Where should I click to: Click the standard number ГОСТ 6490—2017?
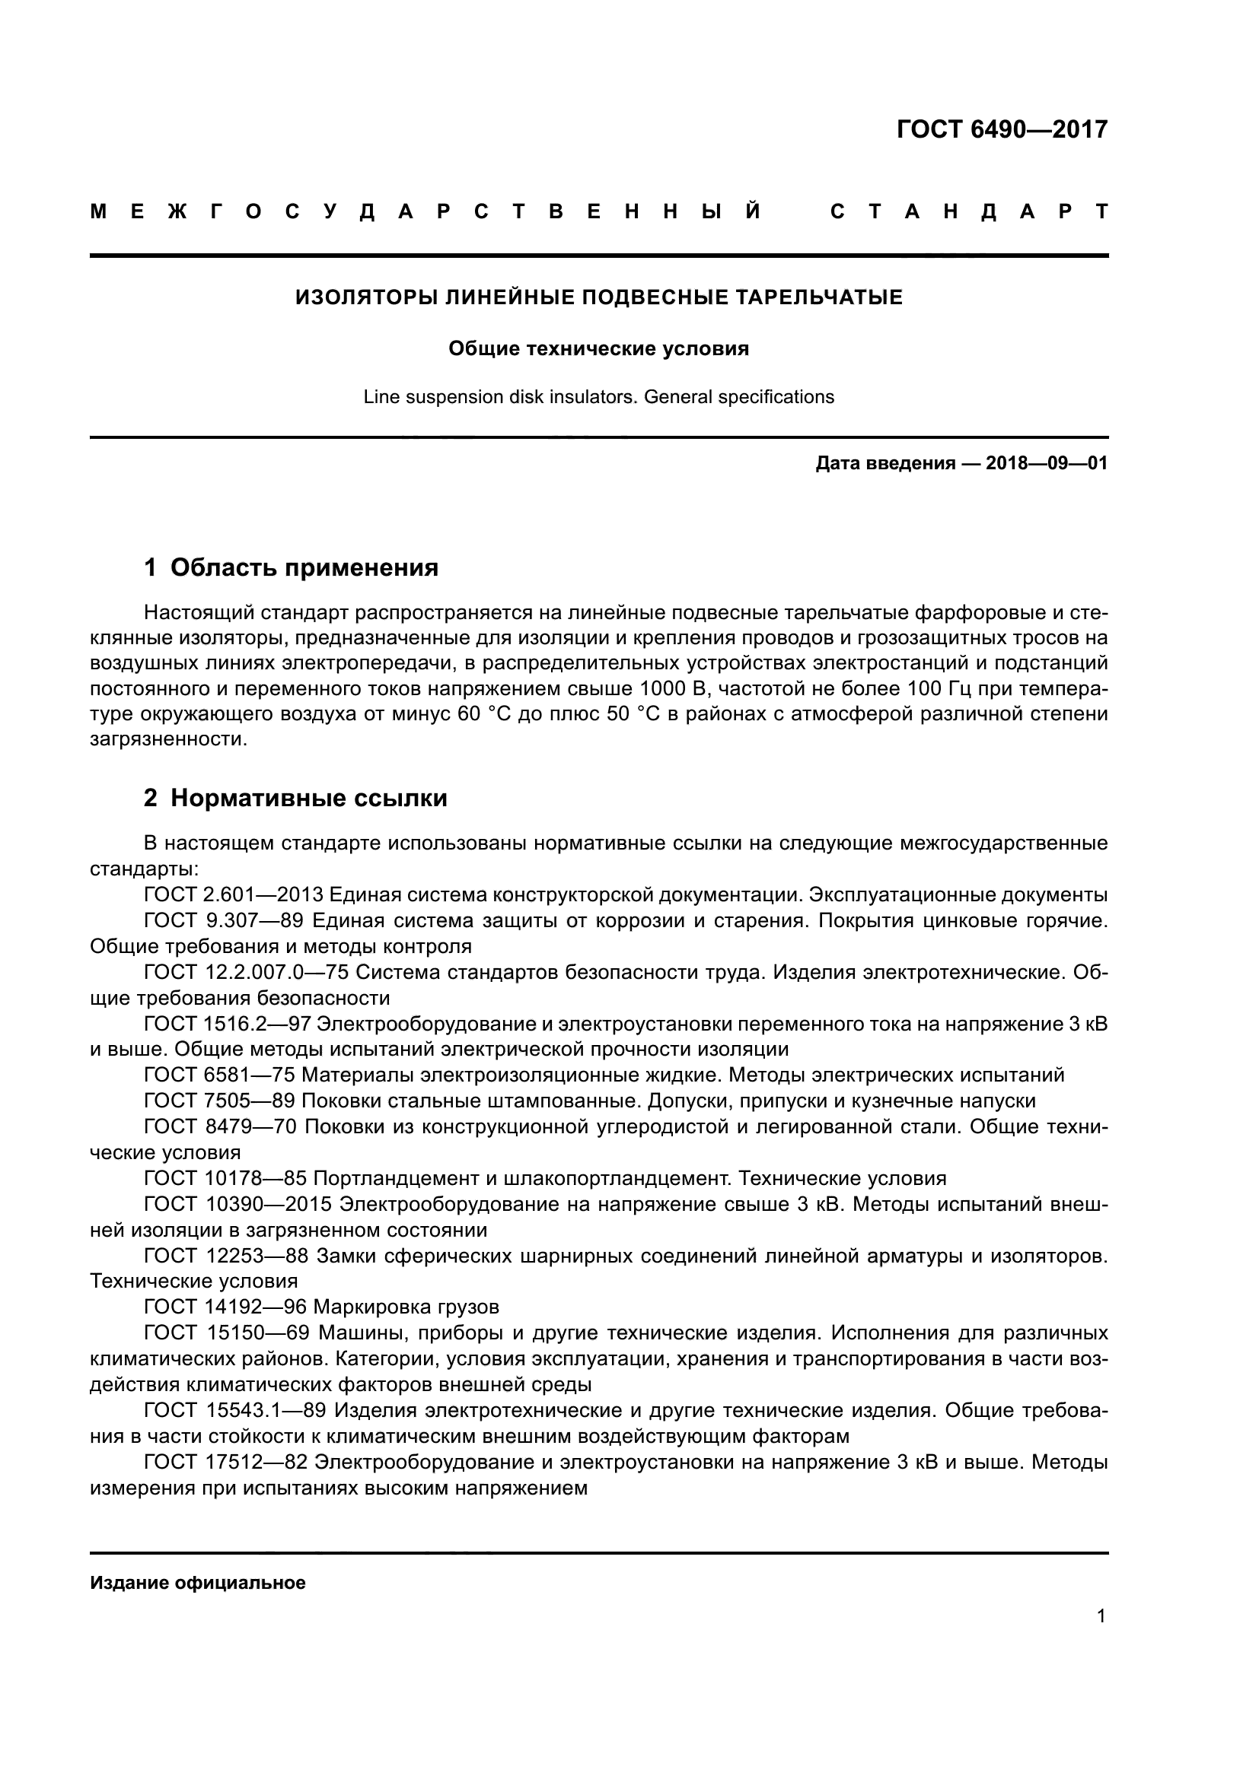point(1002,129)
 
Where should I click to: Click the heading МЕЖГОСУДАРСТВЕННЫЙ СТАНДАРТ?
point(598,211)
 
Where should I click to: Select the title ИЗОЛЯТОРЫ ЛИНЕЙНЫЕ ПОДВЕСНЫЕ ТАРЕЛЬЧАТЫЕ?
point(598,297)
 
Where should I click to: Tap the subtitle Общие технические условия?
point(598,348)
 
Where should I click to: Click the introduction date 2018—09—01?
point(1046,464)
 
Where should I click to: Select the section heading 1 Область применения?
point(291,568)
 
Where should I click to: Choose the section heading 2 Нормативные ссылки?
point(295,798)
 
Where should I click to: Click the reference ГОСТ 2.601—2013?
point(234,895)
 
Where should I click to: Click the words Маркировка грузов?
point(406,1307)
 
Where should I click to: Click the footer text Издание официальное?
point(198,1583)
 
